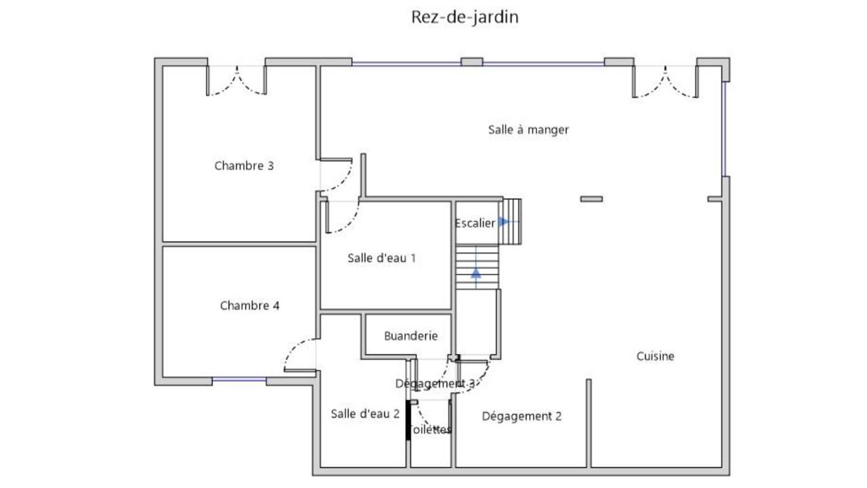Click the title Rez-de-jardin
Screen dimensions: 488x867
pyautogui.click(x=465, y=17)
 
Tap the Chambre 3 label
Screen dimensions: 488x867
pyautogui.click(x=244, y=165)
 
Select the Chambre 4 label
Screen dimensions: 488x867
pyautogui.click(x=250, y=306)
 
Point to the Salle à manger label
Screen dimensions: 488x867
pyautogui.click(x=528, y=129)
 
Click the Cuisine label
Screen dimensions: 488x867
pyautogui.click(x=655, y=356)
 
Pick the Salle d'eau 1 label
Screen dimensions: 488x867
pyautogui.click(x=381, y=258)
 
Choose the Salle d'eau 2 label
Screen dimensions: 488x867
pyautogui.click(x=365, y=413)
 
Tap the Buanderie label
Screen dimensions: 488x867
pyautogui.click(x=410, y=335)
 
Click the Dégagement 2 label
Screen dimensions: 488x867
pyautogui.click(x=522, y=416)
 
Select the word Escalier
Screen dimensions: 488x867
pyautogui.click(x=475, y=224)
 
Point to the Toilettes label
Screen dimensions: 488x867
pyautogui.click(x=431, y=430)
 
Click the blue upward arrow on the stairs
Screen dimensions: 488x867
pyautogui.click(x=475, y=272)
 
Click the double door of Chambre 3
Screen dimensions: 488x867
pyautogui.click(x=236, y=81)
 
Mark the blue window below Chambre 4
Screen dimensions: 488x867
pyautogui.click(x=239, y=380)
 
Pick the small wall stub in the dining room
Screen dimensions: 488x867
pyautogui.click(x=591, y=199)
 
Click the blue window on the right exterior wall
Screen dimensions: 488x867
pyautogui.click(x=723, y=129)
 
